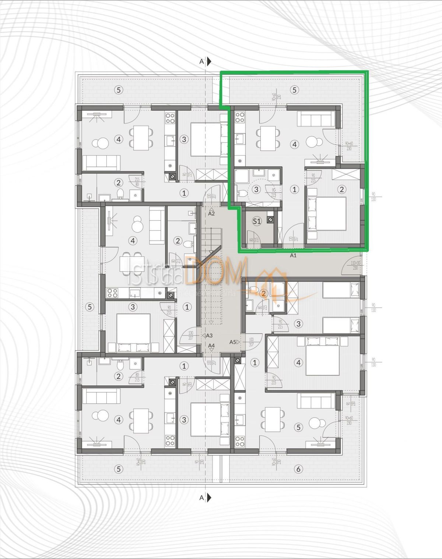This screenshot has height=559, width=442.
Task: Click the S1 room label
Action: click(x=257, y=221)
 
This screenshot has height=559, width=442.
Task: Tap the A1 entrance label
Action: click(x=293, y=255)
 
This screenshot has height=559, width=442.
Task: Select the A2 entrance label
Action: click(x=211, y=213)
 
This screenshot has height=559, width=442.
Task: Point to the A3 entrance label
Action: click(x=209, y=335)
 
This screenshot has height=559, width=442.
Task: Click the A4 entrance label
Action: click(x=211, y=346)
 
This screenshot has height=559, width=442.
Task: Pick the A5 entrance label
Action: click(x=233, y=342)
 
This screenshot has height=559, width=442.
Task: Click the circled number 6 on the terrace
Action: click(x=298, y=469)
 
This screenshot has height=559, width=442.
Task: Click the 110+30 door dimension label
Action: click(x=355, y=265)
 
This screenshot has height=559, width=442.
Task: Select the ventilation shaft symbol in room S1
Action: click(x=271, y=220)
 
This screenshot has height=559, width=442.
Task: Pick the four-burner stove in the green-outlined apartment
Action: click(x=240, y=117)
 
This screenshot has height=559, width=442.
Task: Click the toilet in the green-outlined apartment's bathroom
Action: click(x=241, y=193)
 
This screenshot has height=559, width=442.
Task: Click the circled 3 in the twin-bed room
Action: click(x=298, y=324)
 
